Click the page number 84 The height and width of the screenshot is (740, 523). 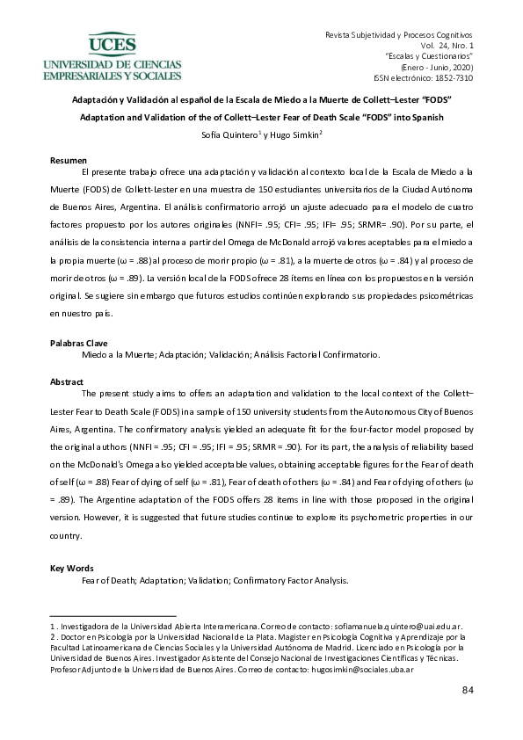pyautogui.click(x=468, y=690)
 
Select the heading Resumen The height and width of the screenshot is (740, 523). pyautogui.click(x=68, y=161)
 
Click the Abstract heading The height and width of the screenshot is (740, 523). pyautogui.click(x=68, y=382)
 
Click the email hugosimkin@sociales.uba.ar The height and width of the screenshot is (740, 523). pyautogui.click(x=362, y=670)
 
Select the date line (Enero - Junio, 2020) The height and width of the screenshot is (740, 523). pyautogui.click(x=437, y=67)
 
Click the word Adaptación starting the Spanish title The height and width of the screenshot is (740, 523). pyautogui.click(x=98, y=101)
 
